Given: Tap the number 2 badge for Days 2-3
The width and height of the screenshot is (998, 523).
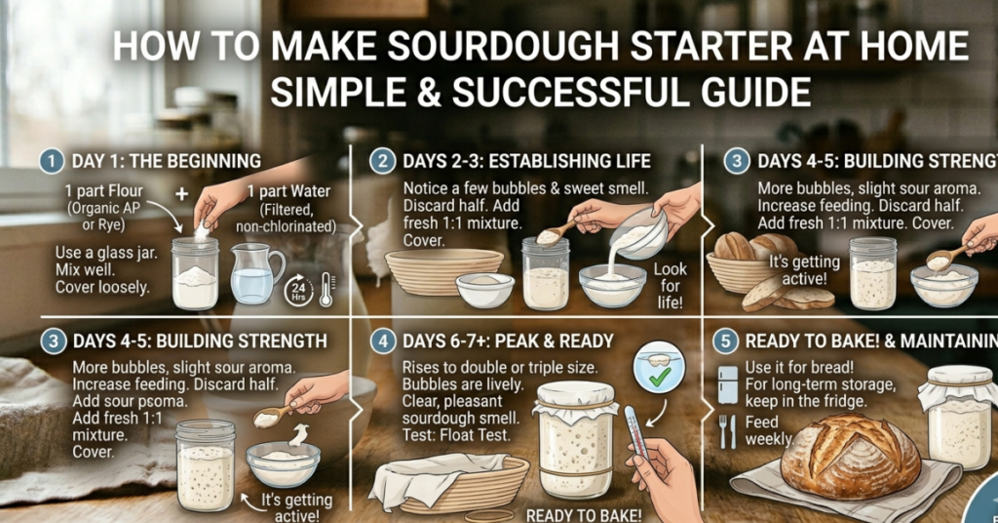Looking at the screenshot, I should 385,160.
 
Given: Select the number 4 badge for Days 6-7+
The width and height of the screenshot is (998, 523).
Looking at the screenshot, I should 385,341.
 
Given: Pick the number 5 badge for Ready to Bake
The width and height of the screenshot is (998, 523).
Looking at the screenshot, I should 725,341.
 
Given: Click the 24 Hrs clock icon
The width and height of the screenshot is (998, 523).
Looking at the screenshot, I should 298,290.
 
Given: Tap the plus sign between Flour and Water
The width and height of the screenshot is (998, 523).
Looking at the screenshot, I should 181,193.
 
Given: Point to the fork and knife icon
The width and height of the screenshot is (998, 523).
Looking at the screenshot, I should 728,430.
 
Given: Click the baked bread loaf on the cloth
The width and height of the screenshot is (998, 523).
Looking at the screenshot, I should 850,456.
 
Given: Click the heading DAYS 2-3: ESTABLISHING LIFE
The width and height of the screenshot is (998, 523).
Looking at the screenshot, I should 527,160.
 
